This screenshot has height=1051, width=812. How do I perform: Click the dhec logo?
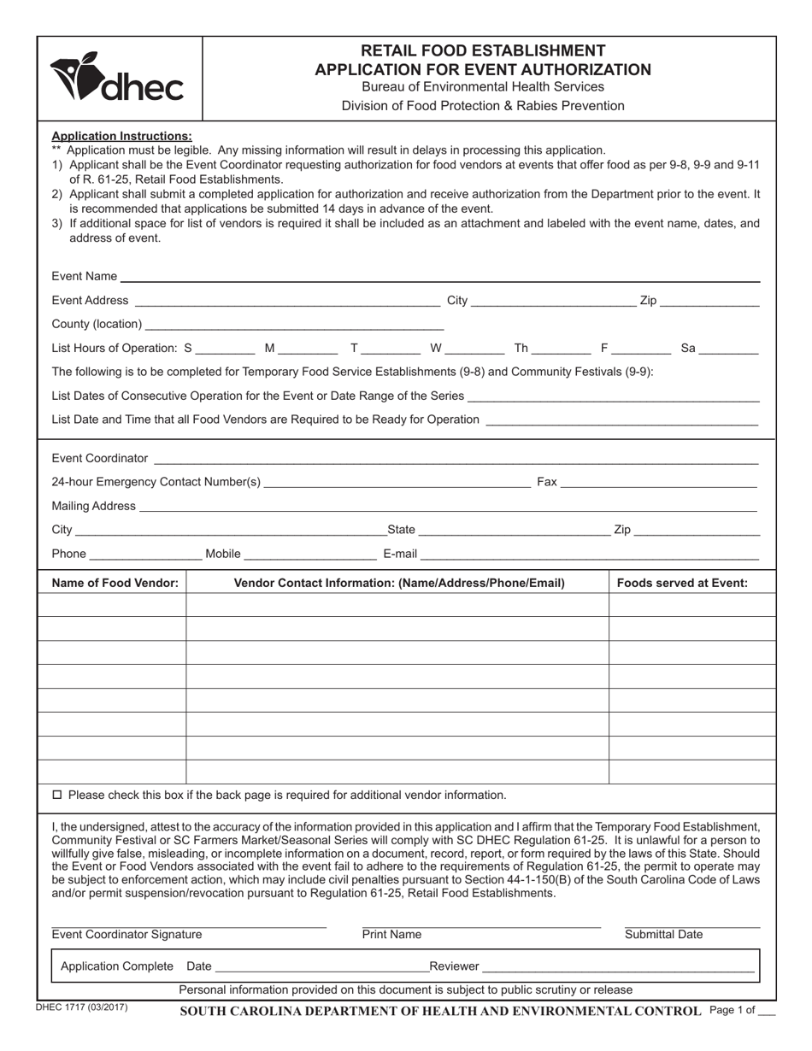(117, 79)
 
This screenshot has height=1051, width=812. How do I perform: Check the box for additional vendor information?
(58, 795)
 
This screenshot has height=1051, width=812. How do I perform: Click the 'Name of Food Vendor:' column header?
(115, 583)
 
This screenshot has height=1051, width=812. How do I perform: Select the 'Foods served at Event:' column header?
(682, 583)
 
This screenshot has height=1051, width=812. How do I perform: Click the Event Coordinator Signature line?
(188, 925)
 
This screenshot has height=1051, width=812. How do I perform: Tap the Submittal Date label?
(664, 935)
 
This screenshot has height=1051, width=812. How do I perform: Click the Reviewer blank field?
(618, 966)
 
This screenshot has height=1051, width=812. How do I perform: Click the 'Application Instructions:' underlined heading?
(122, 136)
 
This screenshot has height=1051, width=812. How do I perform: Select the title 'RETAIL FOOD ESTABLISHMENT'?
(483, 50)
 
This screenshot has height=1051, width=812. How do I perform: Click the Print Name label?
(391, 935)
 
